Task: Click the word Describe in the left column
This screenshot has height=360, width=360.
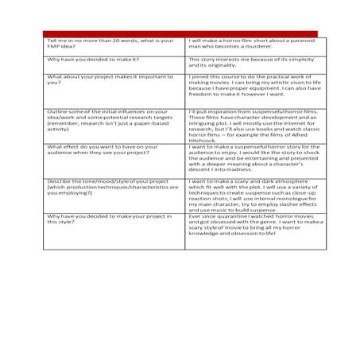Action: pyautogui.click(x=59, y=181)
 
